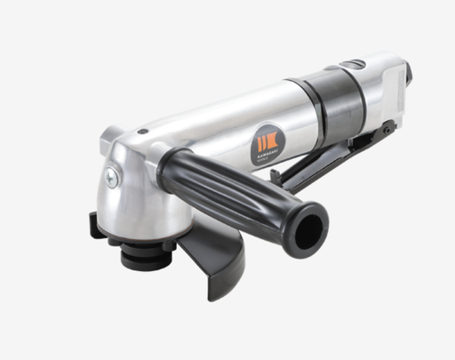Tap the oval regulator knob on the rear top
click(x=356, y=65)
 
